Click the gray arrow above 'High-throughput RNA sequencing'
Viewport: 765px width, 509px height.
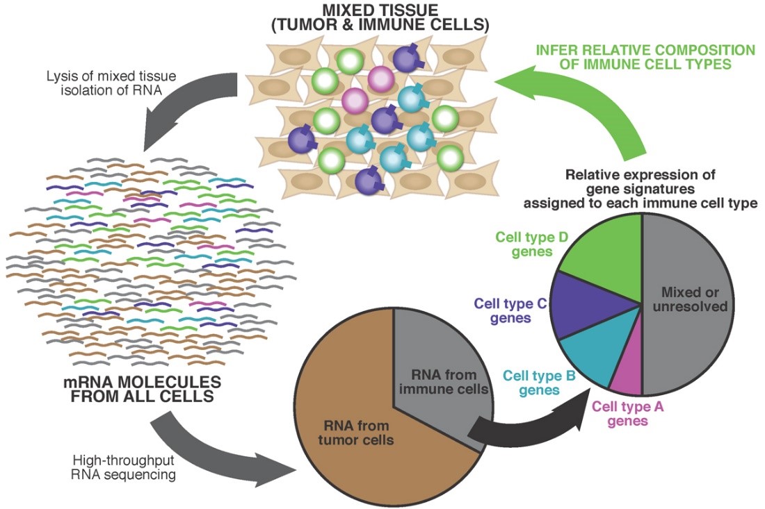(223, 444)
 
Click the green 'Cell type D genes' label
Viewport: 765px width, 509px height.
(533, 244)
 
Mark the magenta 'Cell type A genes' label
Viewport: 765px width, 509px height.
(628, 414)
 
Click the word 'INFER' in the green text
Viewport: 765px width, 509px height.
(559, 51)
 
